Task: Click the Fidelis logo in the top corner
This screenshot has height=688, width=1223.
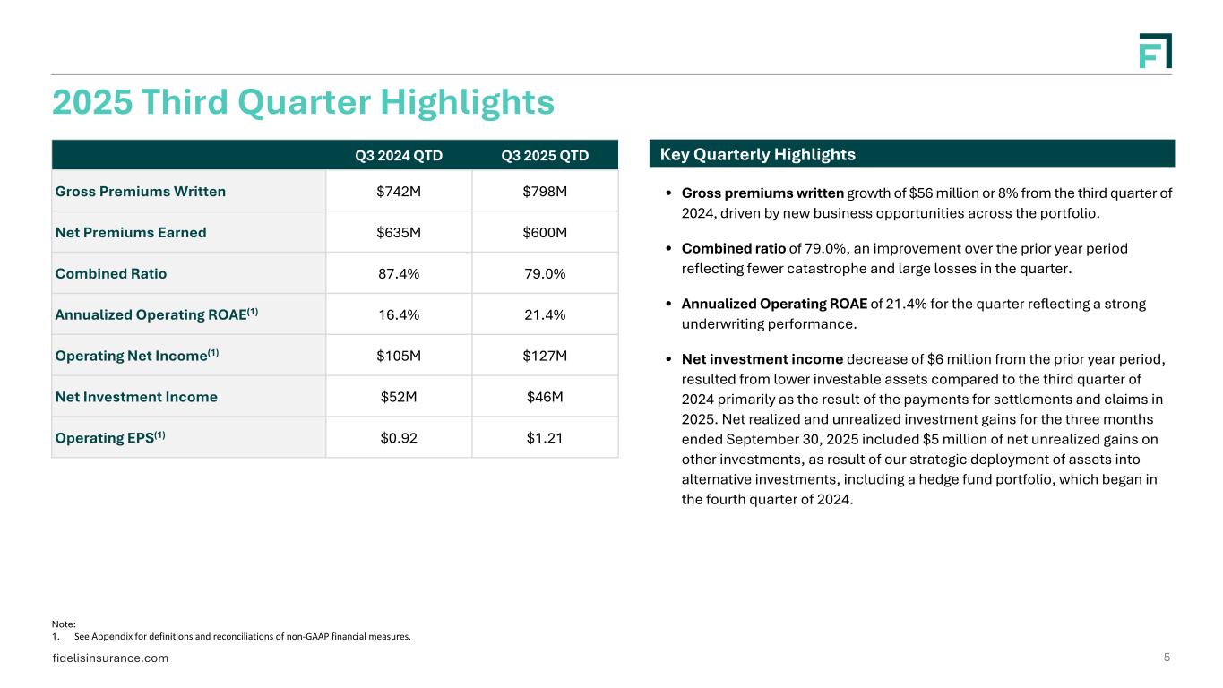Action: pos(1155,51)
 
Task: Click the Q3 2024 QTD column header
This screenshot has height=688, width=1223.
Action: pos(399,156)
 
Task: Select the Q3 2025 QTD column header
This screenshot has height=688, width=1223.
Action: pos(545,156)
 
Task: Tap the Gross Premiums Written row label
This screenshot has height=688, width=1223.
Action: pos(141,191)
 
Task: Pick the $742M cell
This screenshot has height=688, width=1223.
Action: pos(399,191)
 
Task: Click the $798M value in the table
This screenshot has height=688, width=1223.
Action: pos(545,191)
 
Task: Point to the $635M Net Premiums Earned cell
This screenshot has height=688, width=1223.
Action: pos(399,232)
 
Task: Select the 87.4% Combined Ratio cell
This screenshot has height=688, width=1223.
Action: pos(399,273)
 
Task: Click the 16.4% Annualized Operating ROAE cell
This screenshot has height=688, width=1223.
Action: pos(399,314)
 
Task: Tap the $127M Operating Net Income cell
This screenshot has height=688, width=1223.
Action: pos(545,356)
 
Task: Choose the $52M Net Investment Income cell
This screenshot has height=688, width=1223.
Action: pos(399,397)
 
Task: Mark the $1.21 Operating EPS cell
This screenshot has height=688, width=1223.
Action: pos(545,438)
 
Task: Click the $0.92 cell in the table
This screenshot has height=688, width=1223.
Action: pos(399,438)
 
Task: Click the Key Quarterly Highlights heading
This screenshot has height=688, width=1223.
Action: pos(758,155)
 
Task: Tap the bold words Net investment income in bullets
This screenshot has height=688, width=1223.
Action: pos(762,359)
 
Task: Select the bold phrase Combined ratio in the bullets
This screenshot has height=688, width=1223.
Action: pos(733,248)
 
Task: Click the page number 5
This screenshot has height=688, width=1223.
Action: pos(1167,658)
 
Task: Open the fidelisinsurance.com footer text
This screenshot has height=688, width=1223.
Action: pos(110,658)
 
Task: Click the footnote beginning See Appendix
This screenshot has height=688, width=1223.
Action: pos(242,637)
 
